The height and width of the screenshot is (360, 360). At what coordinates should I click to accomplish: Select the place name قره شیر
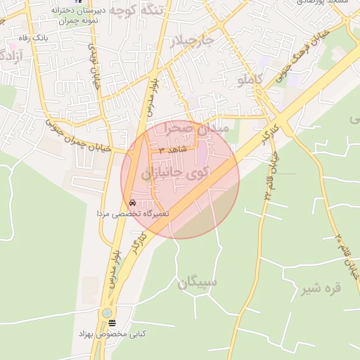click(321, 288)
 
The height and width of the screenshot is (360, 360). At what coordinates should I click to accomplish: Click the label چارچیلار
click(193, 41)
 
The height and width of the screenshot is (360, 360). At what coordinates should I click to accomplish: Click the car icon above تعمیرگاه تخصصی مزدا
click(133, 202)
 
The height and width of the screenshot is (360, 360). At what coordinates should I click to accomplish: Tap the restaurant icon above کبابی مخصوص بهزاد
click(112, 322)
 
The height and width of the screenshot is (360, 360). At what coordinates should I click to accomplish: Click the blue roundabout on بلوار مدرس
click(106, 311)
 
